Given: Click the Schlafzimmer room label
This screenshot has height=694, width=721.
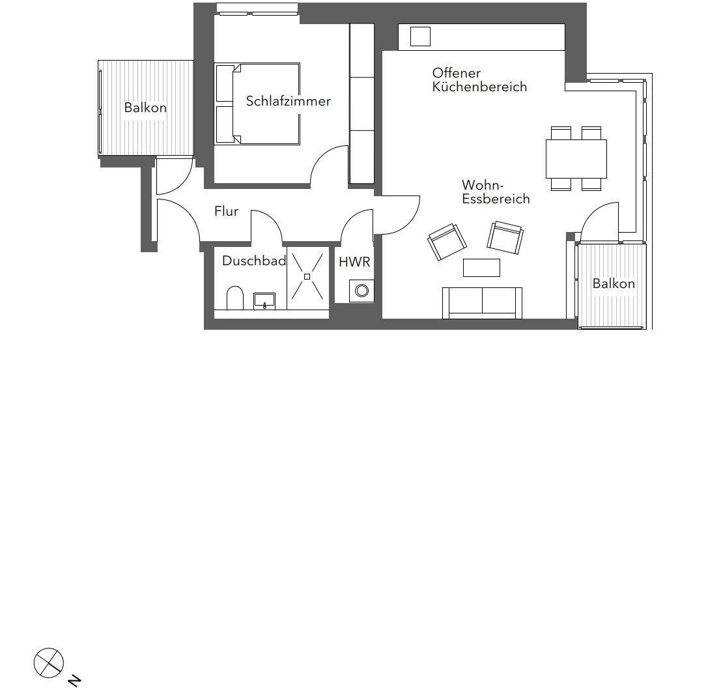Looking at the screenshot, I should [288, 101].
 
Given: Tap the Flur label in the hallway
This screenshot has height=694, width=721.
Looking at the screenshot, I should [226, 211].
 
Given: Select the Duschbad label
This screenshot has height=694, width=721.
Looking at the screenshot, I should [254, 261].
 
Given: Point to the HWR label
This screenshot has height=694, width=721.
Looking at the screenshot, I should [354, 262].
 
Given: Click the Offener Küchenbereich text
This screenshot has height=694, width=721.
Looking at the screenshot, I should [479, 80].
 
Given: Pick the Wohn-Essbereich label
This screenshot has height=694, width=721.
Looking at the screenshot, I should [496, 192].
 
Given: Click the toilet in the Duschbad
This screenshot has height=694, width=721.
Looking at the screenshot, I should [235, 298].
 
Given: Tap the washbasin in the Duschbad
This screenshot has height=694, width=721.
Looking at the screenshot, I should [264, 300].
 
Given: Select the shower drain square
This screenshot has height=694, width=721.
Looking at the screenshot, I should [307, 276].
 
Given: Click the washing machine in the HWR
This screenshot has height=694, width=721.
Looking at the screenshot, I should [361, 291].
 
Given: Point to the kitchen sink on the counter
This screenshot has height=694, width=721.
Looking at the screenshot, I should [420, 36].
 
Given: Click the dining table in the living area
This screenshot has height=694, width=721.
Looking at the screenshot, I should [576, 158].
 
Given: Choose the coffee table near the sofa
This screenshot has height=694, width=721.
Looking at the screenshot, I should [481, 267].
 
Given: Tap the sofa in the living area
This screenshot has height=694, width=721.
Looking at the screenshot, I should [482, 303].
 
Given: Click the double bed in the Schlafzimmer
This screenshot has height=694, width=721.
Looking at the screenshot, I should [258, 103].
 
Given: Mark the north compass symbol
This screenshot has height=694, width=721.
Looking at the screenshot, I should [48, 663].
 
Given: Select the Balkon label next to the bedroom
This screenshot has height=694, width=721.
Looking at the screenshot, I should [145, 108].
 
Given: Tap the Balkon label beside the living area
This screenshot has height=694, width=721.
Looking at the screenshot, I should [613, 283].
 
